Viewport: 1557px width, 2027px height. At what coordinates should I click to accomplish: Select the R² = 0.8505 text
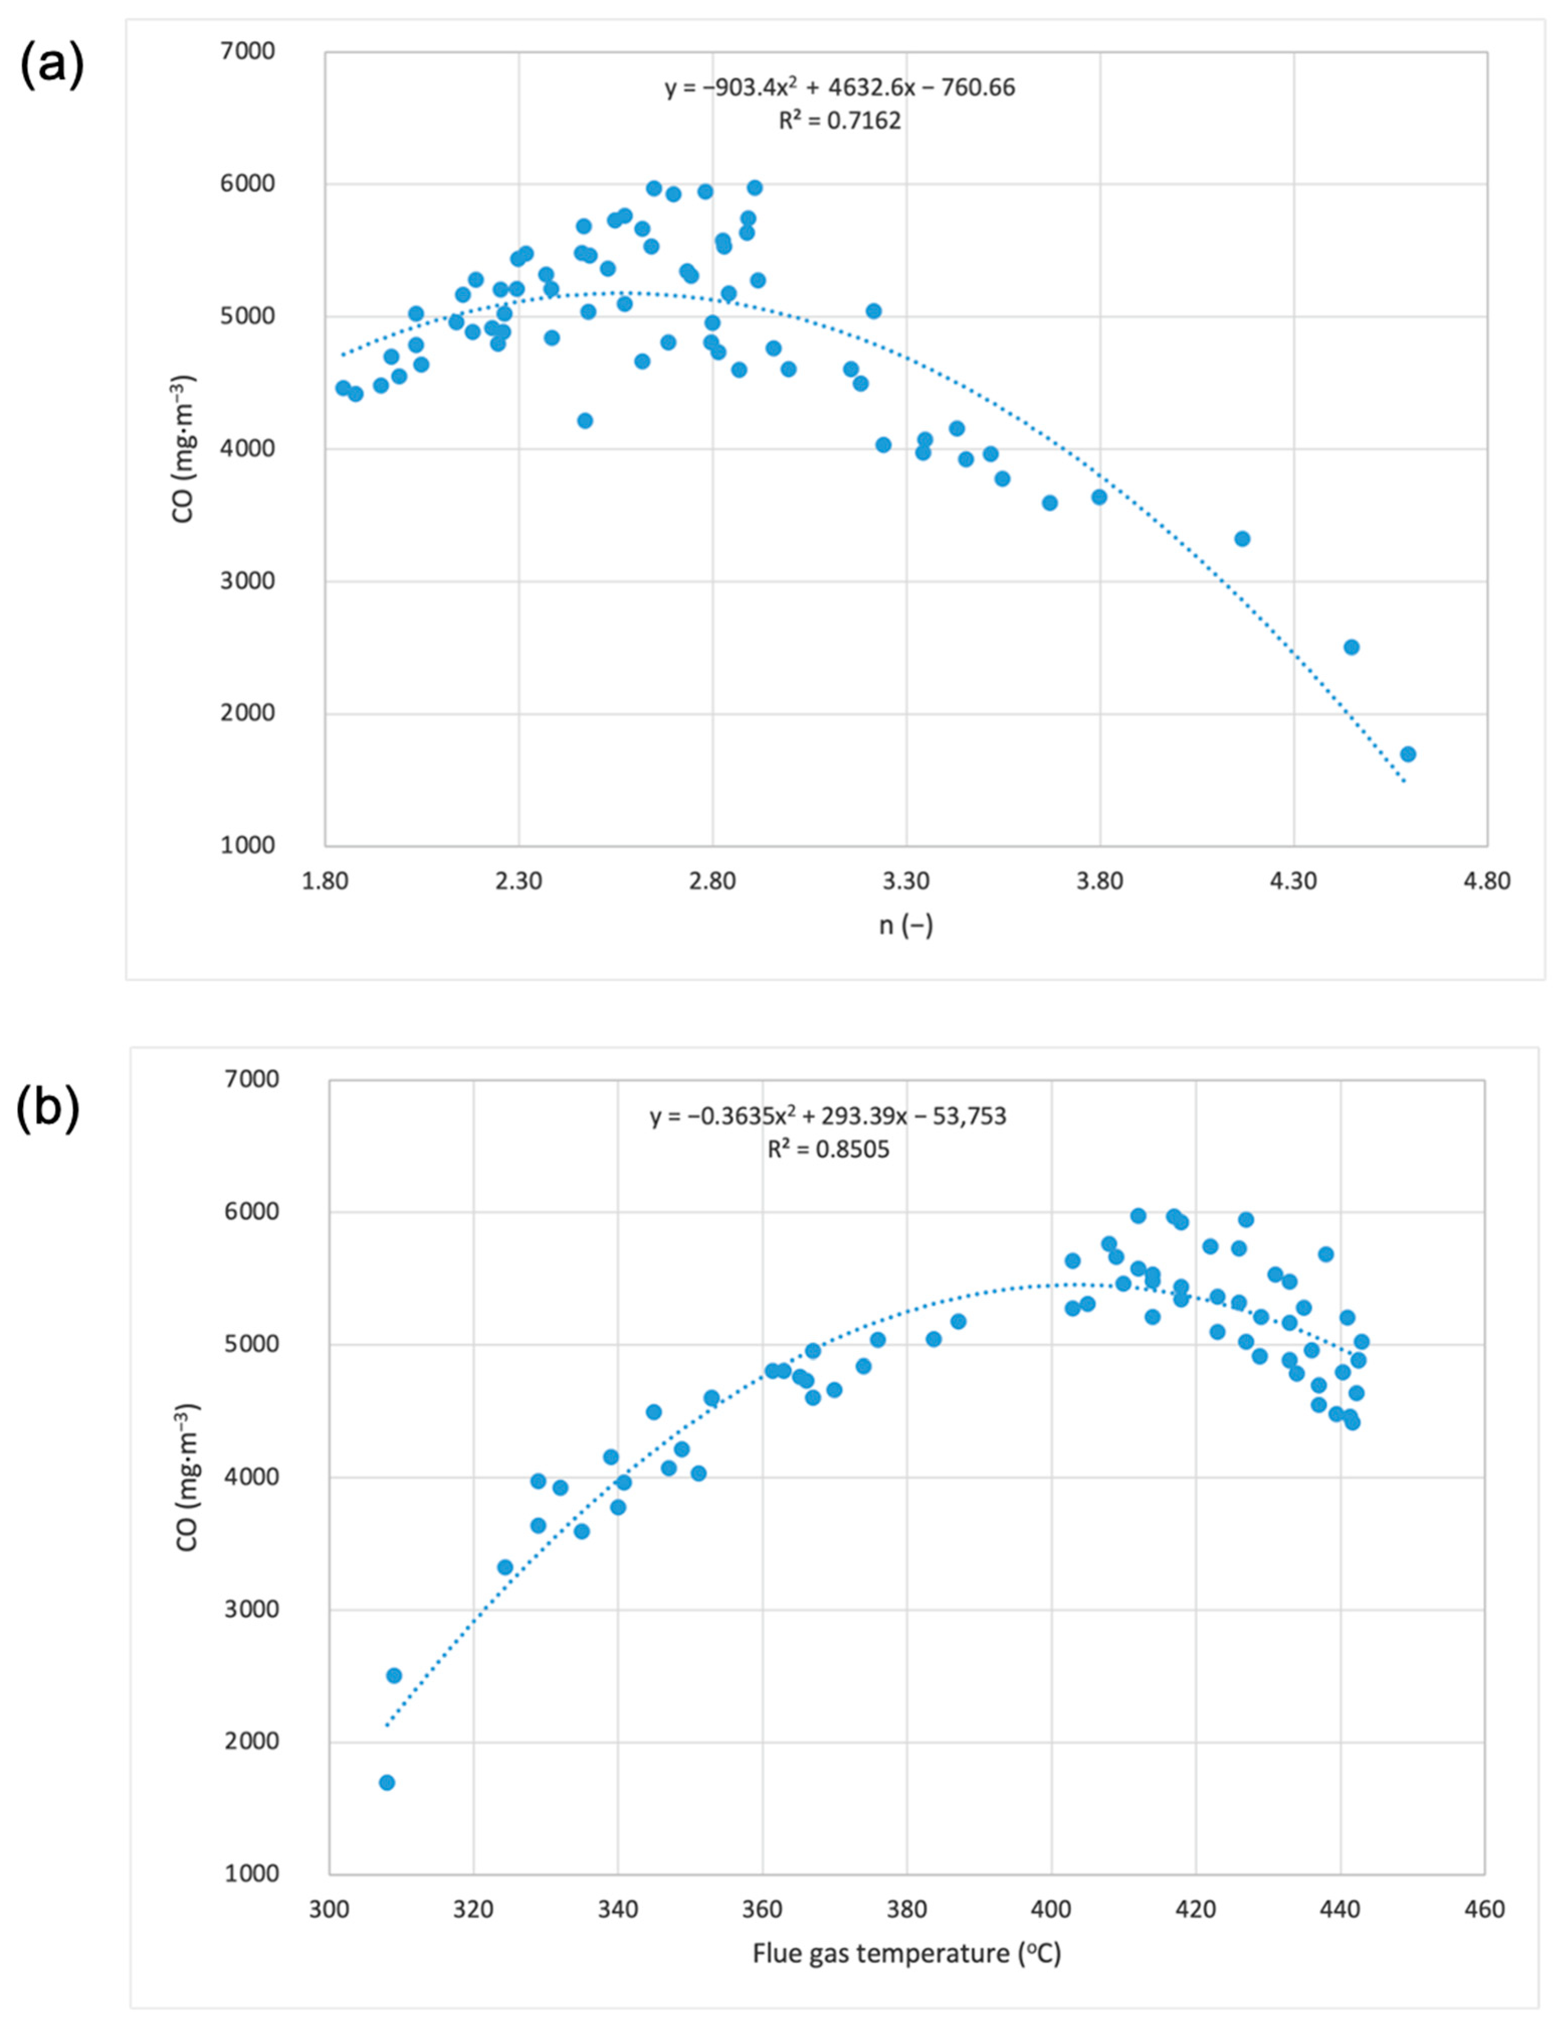point(828,1149)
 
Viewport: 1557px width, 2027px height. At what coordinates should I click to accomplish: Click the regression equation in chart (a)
point(840,88)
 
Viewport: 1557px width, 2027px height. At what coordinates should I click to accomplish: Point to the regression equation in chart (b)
point(828,1116)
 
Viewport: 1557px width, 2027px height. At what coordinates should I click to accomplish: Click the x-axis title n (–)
point(906,925)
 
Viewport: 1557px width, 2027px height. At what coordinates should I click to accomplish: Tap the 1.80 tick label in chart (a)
point(325,880)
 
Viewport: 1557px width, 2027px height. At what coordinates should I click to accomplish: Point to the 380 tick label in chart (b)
point(907,1909)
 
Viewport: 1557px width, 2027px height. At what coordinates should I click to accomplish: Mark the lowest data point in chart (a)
point(1408,753)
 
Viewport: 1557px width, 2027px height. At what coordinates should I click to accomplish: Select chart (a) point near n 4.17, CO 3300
point(1242,538)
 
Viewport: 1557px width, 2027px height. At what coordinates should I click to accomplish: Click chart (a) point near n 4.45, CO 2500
point(1351,647)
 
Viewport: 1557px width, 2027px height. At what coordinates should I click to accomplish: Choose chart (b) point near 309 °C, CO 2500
point(394,1676)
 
